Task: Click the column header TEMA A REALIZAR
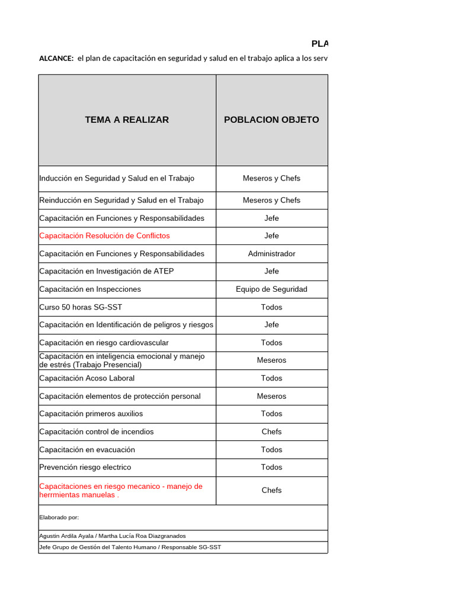127,120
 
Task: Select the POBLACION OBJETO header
271,120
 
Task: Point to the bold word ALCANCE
56,59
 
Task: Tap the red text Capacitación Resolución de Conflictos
104,236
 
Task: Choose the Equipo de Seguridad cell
271,289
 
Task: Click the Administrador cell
271,253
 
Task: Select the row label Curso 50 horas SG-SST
81,307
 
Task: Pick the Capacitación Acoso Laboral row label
87,378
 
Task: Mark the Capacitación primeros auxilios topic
91,414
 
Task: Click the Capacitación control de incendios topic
97,431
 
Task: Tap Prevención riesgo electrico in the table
85,467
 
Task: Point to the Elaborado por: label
59,517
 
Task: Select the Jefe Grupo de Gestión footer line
130,547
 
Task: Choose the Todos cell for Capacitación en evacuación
271,449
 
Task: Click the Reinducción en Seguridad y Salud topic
121,200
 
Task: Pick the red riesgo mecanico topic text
121,491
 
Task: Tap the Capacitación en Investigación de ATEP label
107,271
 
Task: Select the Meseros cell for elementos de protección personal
271,396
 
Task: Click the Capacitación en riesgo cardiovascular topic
104,343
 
